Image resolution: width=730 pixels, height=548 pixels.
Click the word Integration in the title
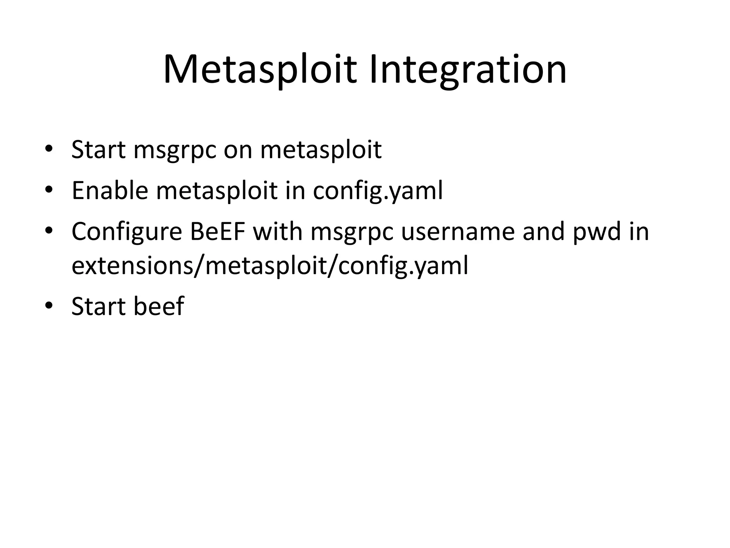pos(468,70)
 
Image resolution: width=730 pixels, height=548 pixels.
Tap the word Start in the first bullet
pos(98,149)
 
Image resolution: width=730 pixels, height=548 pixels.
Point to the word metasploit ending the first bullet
pos(321,149)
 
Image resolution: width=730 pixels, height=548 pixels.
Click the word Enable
pos(110,191)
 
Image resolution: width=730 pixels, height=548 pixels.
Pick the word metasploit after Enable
pos(217,191)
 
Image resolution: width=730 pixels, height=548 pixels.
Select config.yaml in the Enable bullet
pos(378,191)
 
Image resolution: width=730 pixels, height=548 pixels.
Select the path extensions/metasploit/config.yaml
pos(270,266)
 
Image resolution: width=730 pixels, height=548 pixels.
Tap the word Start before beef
pos(98,306)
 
